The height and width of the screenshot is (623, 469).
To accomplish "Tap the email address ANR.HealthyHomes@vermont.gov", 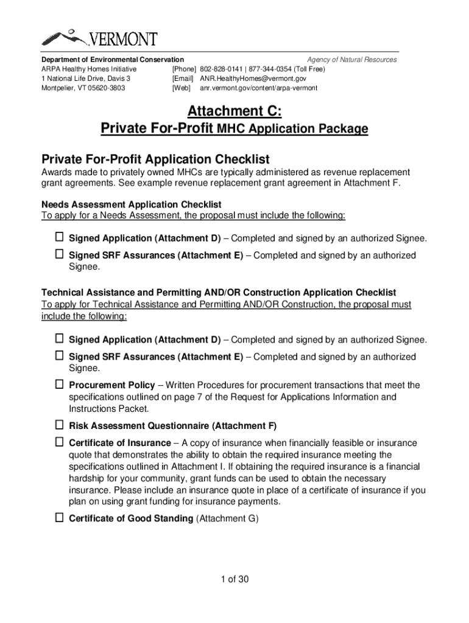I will click(253, 79).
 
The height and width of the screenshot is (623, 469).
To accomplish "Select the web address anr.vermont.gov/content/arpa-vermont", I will click(258, 88).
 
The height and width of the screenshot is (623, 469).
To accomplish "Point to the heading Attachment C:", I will click(234, 111).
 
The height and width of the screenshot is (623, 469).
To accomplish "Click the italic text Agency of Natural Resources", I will click(351, 60).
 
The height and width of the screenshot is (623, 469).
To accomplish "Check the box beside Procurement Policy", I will click(60, 385).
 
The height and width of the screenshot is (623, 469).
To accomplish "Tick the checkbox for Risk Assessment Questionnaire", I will click(60, 425).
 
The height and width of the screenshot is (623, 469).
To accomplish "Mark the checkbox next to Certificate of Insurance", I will click(60, 442).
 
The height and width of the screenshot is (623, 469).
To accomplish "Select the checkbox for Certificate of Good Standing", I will click(60, 518).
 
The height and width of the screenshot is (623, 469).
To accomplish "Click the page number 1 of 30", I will click(234, 579).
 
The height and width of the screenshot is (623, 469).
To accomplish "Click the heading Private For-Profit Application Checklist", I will click(155, 159).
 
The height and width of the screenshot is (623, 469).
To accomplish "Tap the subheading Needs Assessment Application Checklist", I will click(131, 204).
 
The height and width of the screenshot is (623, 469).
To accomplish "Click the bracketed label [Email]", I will click(183, 79).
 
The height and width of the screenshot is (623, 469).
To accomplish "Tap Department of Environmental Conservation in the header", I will click(112, 60).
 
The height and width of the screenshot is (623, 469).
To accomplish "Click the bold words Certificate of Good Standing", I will click(131, 519).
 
